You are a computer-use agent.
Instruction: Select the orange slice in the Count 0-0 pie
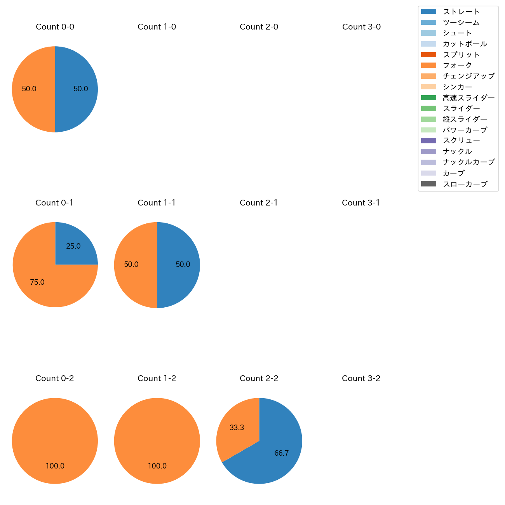point(33,89)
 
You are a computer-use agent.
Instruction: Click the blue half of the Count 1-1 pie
point(179,265)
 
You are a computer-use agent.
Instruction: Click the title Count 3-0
point(361,27)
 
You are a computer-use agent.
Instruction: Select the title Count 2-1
point(259,203)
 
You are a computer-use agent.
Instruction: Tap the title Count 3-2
point(361,378)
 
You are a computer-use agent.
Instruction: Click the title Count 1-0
point(157,27)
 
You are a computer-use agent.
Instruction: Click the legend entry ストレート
point(461,12)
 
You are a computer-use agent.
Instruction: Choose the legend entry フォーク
point(457,65)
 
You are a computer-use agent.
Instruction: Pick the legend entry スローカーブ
point(465,184)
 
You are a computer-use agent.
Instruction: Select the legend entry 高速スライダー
point(468,98)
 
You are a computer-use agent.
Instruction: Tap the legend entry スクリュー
point(461,141)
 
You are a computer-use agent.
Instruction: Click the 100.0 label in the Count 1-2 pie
point(157,466)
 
